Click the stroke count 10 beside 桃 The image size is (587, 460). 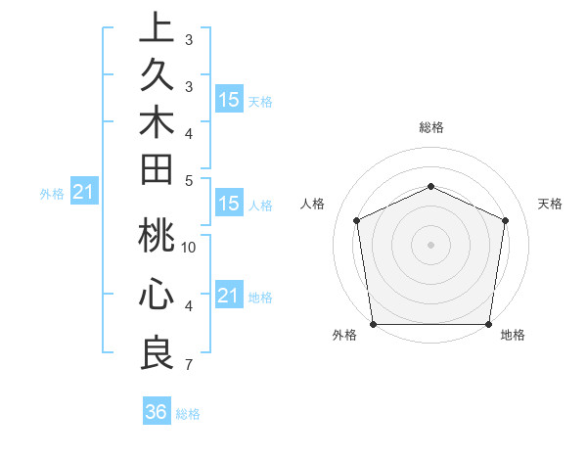189,247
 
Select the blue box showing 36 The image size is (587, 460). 157,412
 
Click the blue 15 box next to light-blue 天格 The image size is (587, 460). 229,99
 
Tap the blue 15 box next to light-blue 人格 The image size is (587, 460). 229,204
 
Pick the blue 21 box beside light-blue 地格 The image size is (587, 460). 229,295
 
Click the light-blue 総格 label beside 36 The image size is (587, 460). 188,414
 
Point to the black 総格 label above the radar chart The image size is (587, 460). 430,127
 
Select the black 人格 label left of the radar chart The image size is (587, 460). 313,204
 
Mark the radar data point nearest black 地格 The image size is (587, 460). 488,324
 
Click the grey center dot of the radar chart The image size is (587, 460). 430,244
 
